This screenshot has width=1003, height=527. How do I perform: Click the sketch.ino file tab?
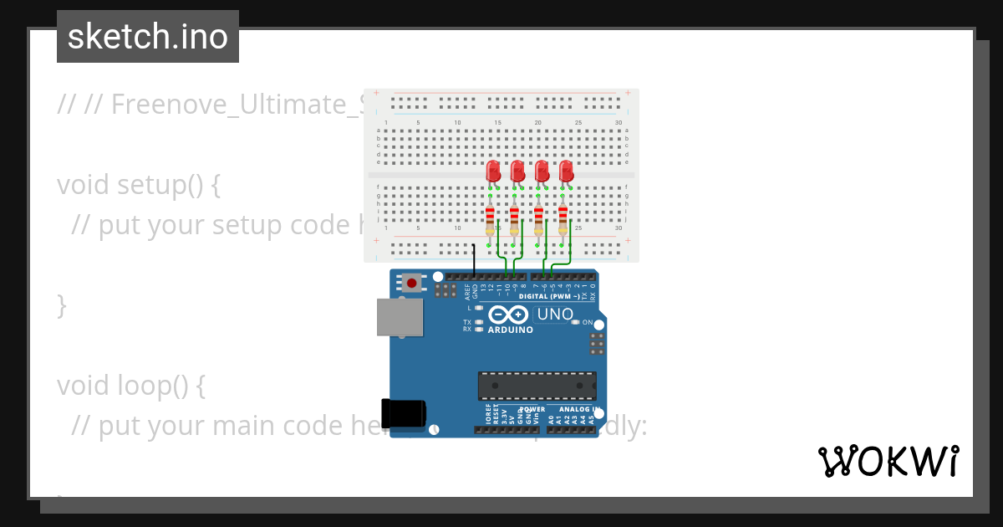tap(148, 37)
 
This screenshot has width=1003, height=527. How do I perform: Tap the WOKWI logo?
tap(888, 462)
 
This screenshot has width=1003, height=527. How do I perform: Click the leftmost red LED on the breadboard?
tap(492, 171)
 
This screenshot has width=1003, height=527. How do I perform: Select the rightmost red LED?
tap(566, 171)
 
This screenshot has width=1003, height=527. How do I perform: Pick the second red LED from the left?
tap(517, 171)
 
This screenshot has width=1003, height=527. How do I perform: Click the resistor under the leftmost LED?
tap(490, 219)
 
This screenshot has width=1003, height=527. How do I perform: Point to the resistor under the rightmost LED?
tap(563, 219)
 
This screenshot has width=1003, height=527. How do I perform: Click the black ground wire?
tap(474, 259)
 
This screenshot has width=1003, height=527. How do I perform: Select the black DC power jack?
tap(403, 413)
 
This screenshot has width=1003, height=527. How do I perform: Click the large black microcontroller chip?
tap(537, 386)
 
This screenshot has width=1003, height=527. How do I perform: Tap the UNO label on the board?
tap(554, 315)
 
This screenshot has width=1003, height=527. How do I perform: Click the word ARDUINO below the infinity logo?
tap(510, 330)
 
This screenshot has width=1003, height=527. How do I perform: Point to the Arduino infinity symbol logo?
tap(508, 315)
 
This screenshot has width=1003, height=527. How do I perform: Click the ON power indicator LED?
tap(576, 322)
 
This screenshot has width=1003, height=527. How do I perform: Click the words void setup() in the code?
tap(138, 184)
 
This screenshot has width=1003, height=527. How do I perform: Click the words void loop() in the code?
tap(130, 386)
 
